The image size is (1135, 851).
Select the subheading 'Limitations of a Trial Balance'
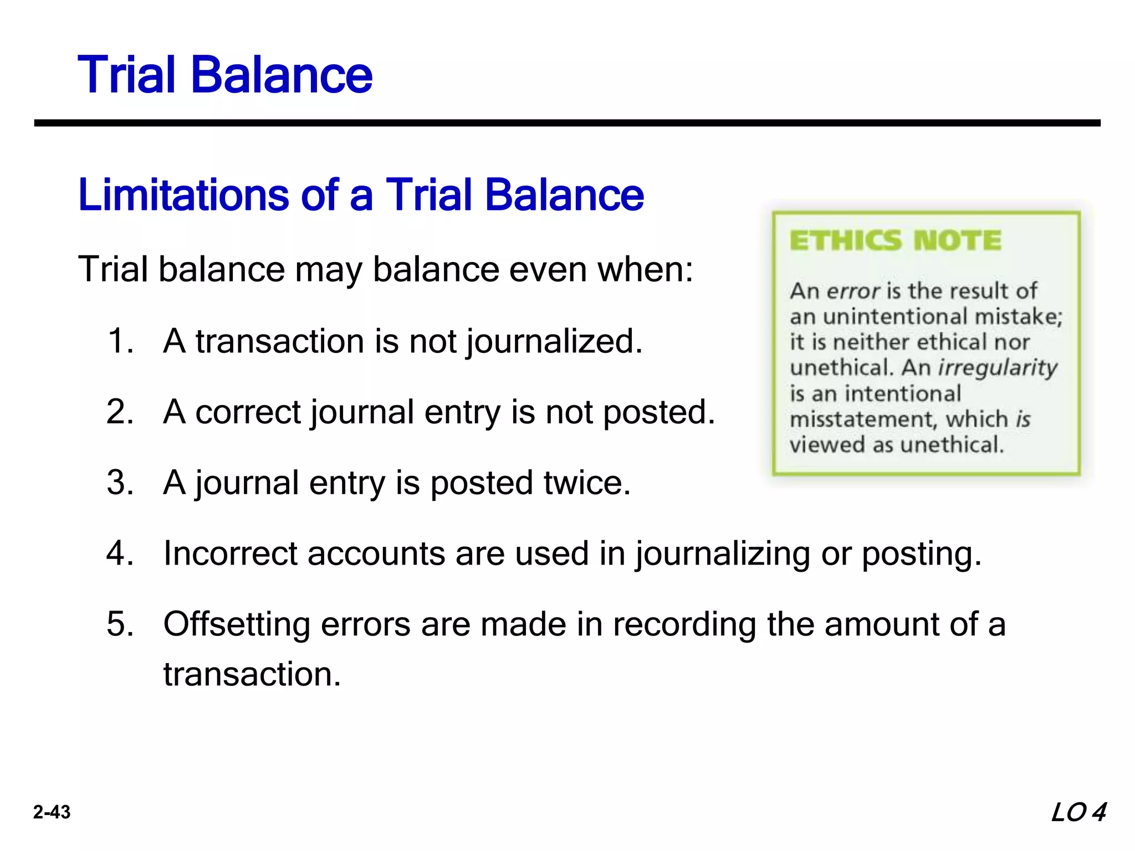tap(361, 194)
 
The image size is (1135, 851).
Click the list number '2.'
tap(120, 412)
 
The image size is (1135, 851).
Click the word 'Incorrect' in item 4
tap(230, 553)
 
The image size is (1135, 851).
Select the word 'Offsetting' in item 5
tap(237, 624)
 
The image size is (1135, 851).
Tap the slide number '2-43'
tap(52, 812)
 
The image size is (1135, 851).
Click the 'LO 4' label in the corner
tap(1078, 813)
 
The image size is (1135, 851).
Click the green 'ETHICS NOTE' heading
tap(895, 241)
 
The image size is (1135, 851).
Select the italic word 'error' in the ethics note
tap(853, 291)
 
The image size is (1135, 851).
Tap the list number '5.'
tap(120, 624)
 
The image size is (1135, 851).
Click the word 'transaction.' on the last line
tap(252, 674)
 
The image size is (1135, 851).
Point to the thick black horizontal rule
tap(567, 123)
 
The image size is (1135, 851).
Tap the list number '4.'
tap(120, 553)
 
